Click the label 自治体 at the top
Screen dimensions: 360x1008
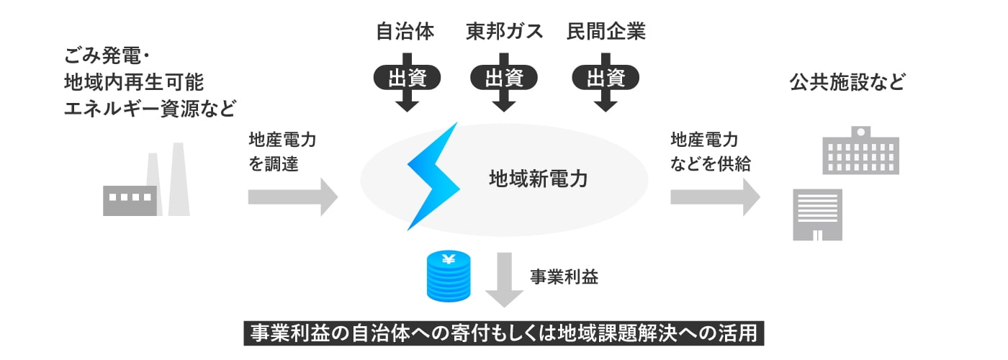(x=405, y=32)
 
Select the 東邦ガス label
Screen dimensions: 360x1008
(x=504, y=32)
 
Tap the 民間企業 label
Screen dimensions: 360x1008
(x=606, y=32)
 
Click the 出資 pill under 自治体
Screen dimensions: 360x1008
(x=407, y=78)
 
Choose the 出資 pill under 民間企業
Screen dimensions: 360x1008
(x=606, y=78)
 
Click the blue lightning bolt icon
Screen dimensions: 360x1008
(x=433, y=176)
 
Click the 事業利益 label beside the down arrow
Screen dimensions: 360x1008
(x=564, y=277)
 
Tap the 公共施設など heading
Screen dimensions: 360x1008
(x=846, y=82)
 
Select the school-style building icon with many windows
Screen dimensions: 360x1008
(x=860, y=150)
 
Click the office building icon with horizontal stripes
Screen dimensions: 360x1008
(x=817, y=214)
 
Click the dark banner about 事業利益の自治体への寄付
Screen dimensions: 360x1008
(x=504, y=334)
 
